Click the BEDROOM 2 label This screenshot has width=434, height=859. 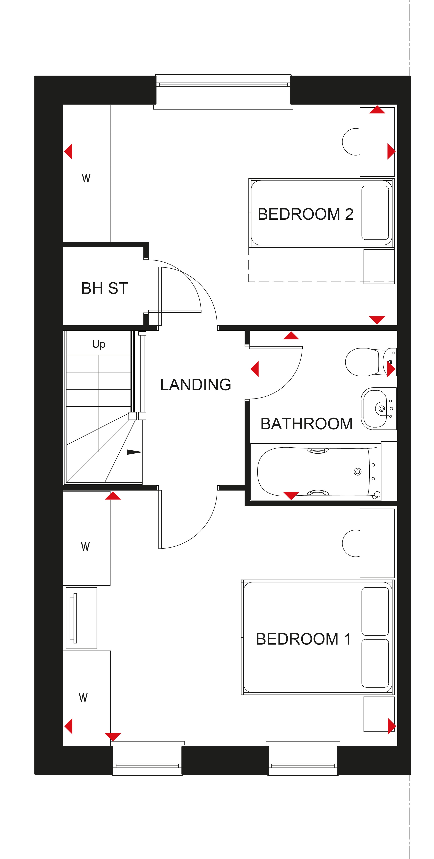coord(305,214)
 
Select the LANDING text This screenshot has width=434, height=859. coord(196,385)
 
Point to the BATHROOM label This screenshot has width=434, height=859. coord(306,424)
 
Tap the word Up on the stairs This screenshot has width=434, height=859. coord(99,344)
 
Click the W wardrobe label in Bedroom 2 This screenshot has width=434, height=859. coord(86,178)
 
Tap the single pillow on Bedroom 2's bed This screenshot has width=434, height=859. coord(375,213)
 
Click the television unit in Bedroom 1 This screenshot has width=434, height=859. coord(81,618)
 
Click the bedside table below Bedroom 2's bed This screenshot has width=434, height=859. coord(379,267)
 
